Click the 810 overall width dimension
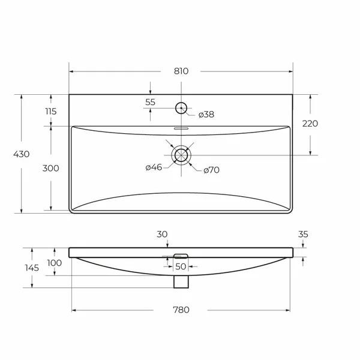(181, 71)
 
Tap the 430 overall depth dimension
(22, 154)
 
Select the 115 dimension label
(51, 112)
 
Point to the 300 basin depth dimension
(51, 168)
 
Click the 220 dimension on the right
(310, 124)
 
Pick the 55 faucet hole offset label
(150, 102)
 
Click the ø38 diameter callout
(206, 115)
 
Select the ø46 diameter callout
(154, 167)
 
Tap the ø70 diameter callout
(211, 170)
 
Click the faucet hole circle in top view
(181, 103)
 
